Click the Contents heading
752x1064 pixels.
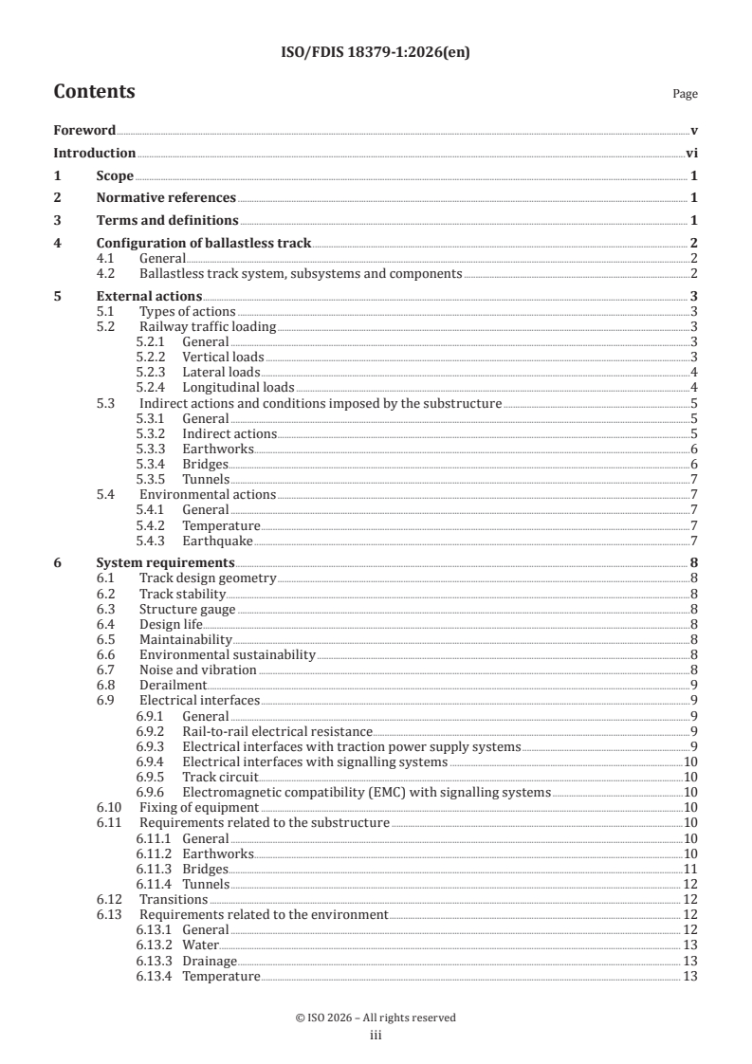[x=94, y=92]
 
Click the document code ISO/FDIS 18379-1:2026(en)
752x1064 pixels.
[x=376, y=53]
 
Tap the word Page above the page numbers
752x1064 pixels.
[x=685, y=94]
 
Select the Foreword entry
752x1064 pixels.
[x=84, y=130]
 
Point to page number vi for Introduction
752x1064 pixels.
[x=691, y=153]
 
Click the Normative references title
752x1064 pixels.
[x=166, y=197]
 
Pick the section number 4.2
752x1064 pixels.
[x=107, y=274]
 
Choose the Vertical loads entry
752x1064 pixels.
[x=223, y=357]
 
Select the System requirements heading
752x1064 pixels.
[x=166, y=562]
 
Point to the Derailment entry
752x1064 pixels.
[x=173, y=685]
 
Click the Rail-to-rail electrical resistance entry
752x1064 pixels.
[x=277, y=731]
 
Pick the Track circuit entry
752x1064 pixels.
[x=220, y=777]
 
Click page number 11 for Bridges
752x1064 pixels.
[x=691, y=869]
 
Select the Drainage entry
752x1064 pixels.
[x=210, y=961]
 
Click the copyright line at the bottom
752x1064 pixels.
[x=376, y=1018]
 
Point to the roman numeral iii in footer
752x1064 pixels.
[x=376, y=1036]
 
